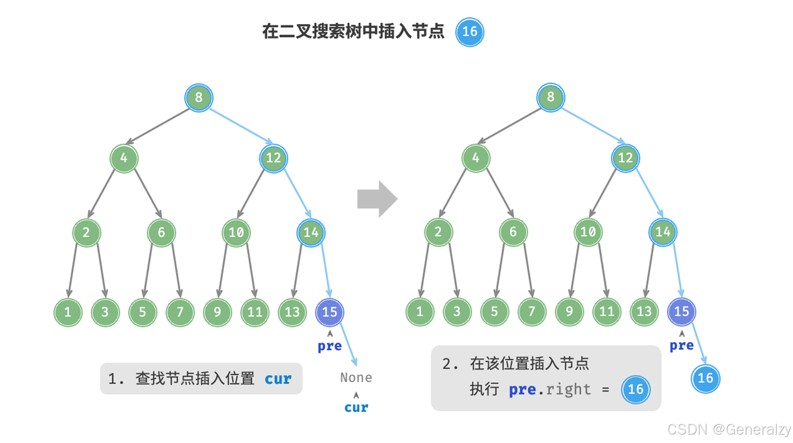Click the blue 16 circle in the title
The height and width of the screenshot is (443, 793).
(x=470, y=32)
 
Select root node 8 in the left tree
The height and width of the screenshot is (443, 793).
(x=198, y=98)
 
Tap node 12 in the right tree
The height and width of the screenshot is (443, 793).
(x=625, y=158)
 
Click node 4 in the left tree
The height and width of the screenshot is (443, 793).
(x=123, y=158)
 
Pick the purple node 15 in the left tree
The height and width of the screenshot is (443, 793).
(x=329, y=312)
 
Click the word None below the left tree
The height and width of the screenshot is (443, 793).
(x=356, y=378)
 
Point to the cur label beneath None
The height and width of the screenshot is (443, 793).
(x=356, y=407)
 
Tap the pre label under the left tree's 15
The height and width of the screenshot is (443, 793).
(x=329, y=346)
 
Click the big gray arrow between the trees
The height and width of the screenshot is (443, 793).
(x=377, y=199)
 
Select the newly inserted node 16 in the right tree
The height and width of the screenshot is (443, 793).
(x=705, y=378)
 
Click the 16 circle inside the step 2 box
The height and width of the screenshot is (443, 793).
(x=635, y=389)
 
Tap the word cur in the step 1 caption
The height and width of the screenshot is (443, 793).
(x=278, y=379)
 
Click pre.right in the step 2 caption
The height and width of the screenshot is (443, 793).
(x=550, y=390)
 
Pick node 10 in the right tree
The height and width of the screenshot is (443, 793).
(x=588, y=232)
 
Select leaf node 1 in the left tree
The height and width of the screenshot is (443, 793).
(x=68, y=312)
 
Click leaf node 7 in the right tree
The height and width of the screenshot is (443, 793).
(x=532, y=311)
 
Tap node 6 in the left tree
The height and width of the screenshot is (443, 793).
(x=161, y=232)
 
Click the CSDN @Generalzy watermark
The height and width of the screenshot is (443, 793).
(x=728, y=429)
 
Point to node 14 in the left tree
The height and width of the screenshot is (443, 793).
(x=311, y=232)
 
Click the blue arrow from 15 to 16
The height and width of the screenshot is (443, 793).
(x=699, y=344)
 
